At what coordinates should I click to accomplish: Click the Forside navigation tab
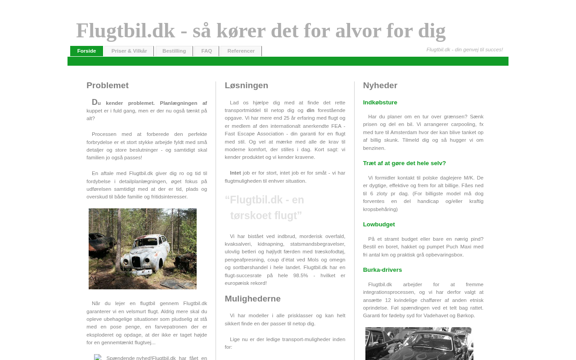pos(86,51)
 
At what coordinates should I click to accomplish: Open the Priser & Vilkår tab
pos(129,51)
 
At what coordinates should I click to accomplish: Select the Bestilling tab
pos(174,51)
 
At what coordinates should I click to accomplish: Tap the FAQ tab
pos(207,51)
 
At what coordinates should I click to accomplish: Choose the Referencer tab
pos(241,51)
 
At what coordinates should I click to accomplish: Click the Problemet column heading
pos(108,85)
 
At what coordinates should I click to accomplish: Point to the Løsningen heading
pos(246,85)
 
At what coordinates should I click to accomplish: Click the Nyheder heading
pos(380,85)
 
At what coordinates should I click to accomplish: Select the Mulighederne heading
pos(252,299)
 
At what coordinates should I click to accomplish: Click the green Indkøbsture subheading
pos(380,103)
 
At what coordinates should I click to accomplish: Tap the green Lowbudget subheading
pos(379,225)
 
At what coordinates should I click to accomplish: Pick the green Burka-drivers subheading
pos(382,270)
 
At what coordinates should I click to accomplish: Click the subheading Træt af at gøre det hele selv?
pos(404,163)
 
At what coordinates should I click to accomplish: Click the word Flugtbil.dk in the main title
pos(125,31)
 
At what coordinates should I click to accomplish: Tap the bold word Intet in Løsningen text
pos(235,173)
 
